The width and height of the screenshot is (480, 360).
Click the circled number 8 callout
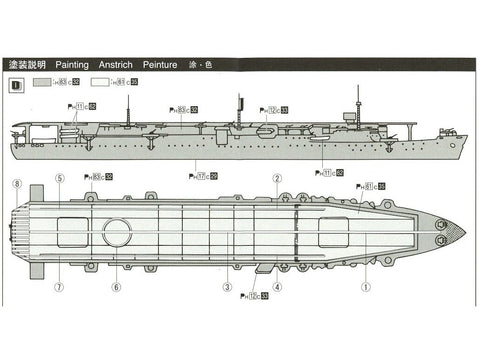(16, 184)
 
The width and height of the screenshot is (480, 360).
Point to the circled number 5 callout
(59, 178)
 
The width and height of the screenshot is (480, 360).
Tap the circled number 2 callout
(277, 178)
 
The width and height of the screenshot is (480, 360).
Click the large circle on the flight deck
(117, 232)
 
